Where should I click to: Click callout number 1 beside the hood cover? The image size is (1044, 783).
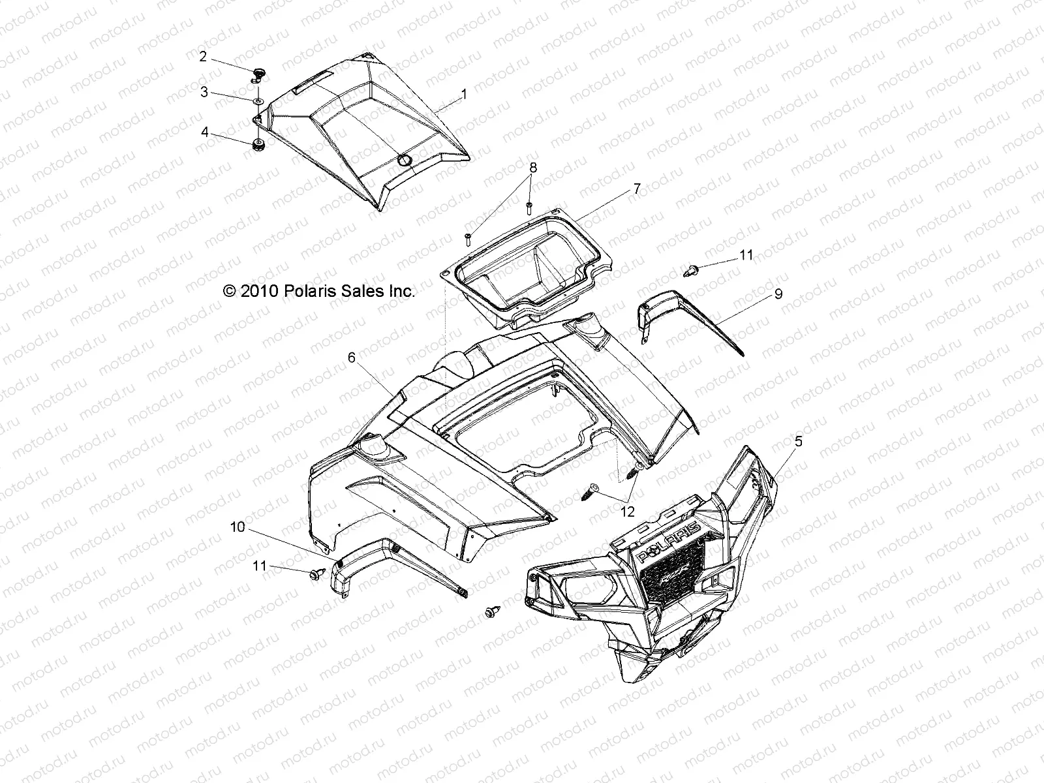[x=464, y=94]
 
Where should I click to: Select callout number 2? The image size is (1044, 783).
[x=203, y=57]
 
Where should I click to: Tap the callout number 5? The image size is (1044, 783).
[x=798, y=442]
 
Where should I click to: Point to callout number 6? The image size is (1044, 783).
[x=351, y=357]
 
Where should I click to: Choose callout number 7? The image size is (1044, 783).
[x=637, y=189]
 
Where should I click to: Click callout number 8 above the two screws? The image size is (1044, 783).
[x=533, y=167]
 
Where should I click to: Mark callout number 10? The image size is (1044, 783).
[x=238, y=527]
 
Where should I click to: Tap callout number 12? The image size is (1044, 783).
[x=627, y=512]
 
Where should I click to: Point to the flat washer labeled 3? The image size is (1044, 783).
[x=258, y=101]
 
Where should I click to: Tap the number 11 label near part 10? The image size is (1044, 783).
[x=260, y=566]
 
